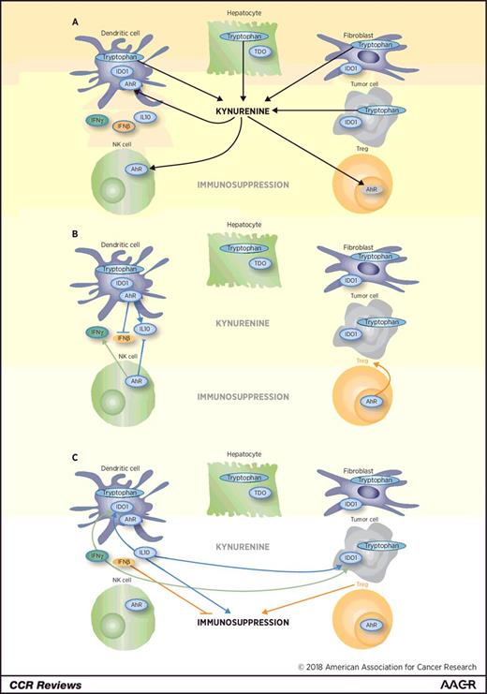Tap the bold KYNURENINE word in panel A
246,110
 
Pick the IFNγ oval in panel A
95,121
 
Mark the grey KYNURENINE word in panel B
246,323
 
